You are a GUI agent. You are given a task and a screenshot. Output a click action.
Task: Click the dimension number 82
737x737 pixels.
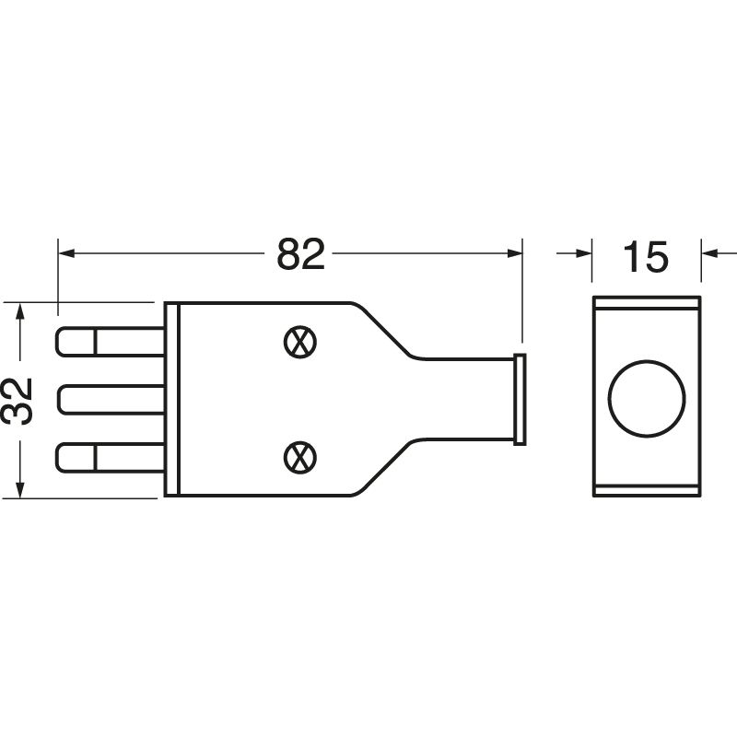pos(301,254)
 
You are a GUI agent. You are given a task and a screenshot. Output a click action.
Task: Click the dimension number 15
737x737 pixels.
pos(646,257)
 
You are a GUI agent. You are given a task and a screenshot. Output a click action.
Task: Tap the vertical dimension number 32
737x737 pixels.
pos(18,401)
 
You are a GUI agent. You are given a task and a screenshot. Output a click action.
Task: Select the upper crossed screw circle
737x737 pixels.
pos(300,342)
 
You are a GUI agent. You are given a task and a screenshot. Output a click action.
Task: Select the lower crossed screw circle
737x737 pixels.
pos(300,458)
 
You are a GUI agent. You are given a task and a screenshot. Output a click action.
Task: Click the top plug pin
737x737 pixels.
pos(111,342)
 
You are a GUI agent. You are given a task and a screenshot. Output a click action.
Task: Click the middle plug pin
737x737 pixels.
pos(111,400)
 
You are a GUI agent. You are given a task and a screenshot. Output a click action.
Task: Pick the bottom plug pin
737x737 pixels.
pos(111,458)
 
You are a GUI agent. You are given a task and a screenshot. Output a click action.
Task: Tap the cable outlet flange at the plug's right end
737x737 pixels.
pos(520,399)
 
